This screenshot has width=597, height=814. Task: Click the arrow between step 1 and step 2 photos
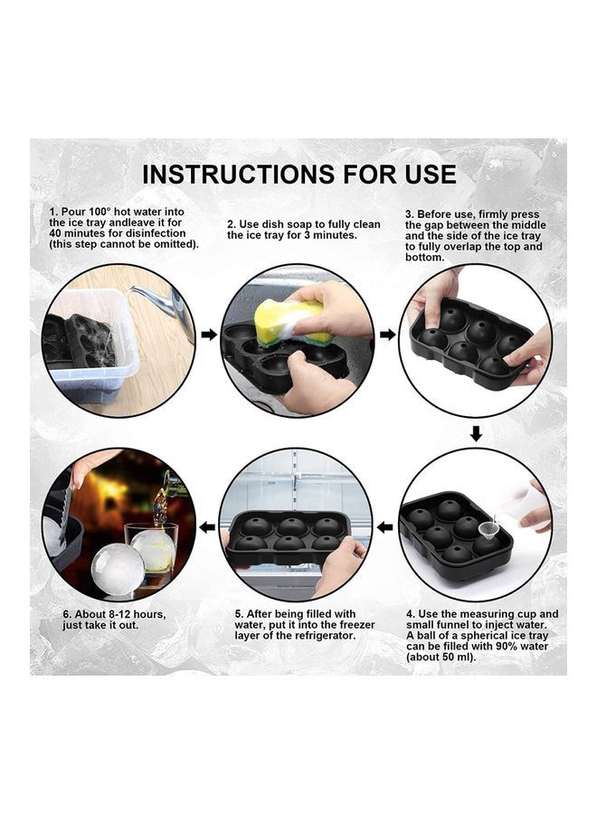pos(209,335)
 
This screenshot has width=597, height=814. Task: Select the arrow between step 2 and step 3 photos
pos(387,335)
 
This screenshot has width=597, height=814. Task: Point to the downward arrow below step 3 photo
pos(476,434)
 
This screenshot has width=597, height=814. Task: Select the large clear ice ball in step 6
pos(118,568)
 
